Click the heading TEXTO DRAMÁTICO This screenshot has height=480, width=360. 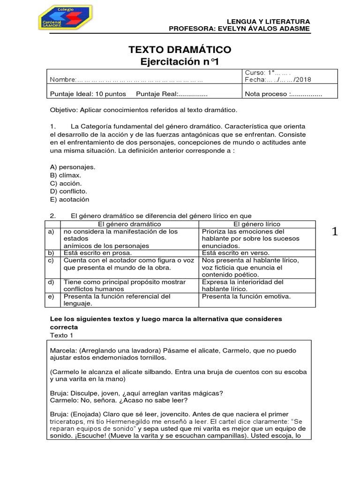[180, 50]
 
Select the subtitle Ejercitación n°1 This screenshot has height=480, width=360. [180, 62]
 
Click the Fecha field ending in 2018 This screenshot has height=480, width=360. [278, 79]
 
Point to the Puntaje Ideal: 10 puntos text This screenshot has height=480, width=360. [88, 94]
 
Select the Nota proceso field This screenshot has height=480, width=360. [284, 94]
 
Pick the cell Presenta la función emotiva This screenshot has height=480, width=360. [247, 296]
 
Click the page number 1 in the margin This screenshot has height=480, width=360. [335, 232]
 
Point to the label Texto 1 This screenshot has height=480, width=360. [62, 335]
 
